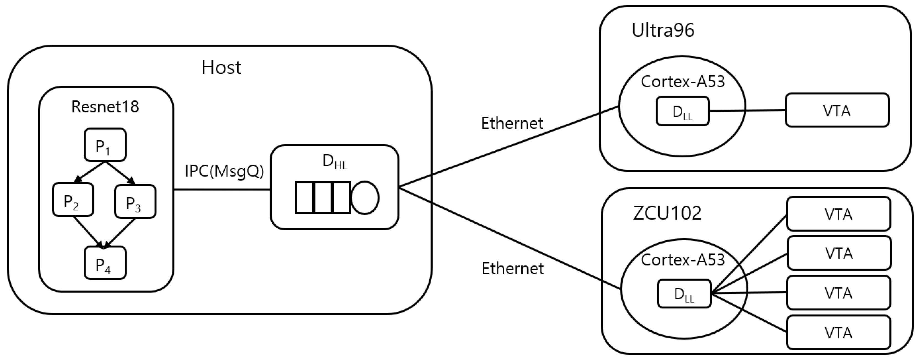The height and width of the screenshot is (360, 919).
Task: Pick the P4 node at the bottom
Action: pyautogui.click(x=105, y=263)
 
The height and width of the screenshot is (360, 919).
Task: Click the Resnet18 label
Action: pyautogui.click(x=105, y=107)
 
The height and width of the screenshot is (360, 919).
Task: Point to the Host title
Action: pyautogui.click(x=221, y=67)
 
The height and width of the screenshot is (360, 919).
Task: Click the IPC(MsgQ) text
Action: pyautogui.click(x=224, y=171)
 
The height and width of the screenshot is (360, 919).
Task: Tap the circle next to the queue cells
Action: pyautogui.click(x=364, y=198)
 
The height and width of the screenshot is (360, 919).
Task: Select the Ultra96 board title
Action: pyautogui.click(x=663, y=30)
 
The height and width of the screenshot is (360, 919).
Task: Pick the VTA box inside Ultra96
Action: pyautogui.click(x=837, y=110)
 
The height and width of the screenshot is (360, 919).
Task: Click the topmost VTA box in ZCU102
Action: pyautogui.click(x=838, y=214)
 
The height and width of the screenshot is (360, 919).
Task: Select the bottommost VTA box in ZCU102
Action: pyautogui.click(x=838, y=333)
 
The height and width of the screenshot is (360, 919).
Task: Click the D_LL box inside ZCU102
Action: pyautogui.click(x=684, y=294)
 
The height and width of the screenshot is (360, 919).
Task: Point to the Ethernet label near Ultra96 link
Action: pyautogui.click(x=512, y=123)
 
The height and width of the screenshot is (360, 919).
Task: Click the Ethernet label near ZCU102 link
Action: pyautogui.click(x=513, y=268)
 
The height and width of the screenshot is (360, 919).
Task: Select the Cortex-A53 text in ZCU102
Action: pyautogui.click(x=682, y=260)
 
